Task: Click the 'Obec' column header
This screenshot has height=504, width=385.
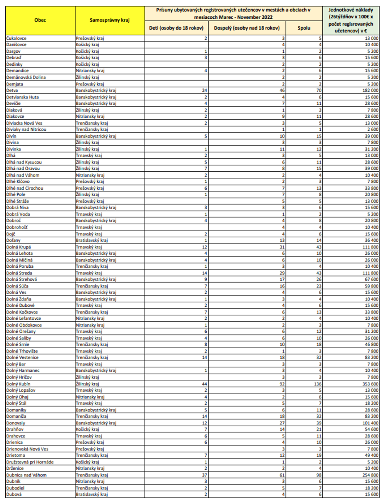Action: (40, 20)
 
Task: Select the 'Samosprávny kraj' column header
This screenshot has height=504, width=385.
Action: (110, 20)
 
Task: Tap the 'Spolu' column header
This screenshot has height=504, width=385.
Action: (304, 28)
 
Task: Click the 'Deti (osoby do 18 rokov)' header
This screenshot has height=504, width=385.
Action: (176, 28)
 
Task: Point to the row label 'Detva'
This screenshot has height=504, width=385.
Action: (12, 90)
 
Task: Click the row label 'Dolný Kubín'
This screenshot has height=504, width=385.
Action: (18, 384)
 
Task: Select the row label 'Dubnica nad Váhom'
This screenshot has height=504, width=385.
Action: (26, 475)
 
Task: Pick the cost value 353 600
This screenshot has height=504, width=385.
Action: (370, 384)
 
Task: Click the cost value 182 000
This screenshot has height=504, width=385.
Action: (370, 90)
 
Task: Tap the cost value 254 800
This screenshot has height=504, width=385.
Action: (370, 475)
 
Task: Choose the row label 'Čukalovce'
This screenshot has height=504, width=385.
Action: (16, 38)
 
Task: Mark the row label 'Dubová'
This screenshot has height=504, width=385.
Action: (14, 494)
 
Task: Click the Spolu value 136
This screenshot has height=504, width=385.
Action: (318, 384)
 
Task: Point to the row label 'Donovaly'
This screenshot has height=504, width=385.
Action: (15, 423)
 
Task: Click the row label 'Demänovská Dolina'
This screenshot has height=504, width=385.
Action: (26, 77)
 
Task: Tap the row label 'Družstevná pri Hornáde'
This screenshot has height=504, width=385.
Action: (30, 462)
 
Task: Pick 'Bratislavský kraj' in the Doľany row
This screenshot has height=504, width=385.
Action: (92, 240)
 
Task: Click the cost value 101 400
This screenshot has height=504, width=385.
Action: (370, 423)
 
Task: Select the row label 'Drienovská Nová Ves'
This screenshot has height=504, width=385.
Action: (27, 449)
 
